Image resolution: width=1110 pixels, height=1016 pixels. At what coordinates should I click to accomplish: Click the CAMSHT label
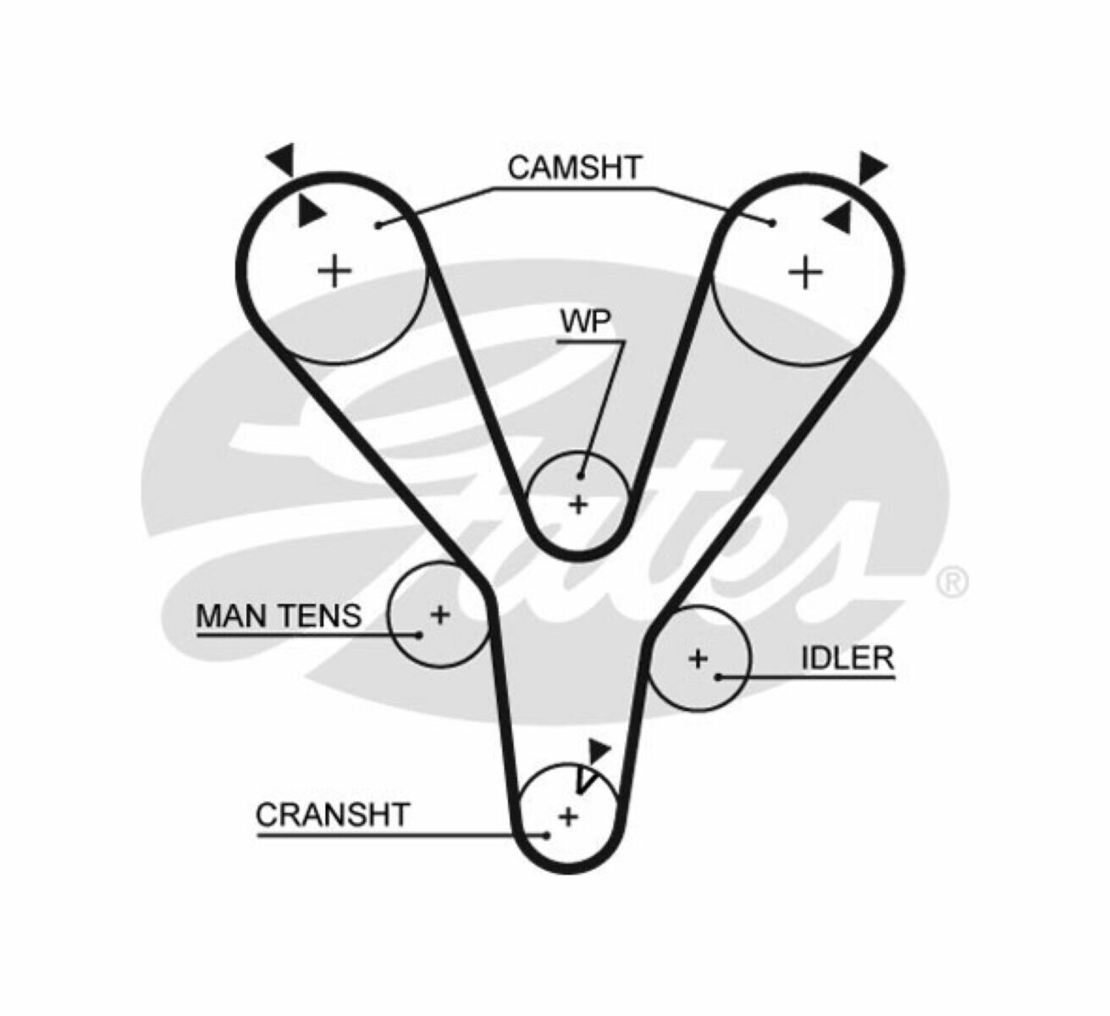click(575, 167)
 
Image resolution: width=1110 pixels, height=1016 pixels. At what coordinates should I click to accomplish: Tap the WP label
click(585, 323)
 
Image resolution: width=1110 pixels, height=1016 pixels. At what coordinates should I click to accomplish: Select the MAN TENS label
click(279, 616)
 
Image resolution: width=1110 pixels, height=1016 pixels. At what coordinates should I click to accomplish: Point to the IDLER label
click(847, 658)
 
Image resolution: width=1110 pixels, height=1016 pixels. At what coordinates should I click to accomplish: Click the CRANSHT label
click(332, 814)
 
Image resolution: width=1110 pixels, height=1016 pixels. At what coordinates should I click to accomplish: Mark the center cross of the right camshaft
click(805, 273)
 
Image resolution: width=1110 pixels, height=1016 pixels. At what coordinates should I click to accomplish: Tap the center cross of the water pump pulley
click(578, 505)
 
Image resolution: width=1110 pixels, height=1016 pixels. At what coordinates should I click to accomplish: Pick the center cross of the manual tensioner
click(439, 615)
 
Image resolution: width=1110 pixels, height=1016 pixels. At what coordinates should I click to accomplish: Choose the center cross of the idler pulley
click(698, 658)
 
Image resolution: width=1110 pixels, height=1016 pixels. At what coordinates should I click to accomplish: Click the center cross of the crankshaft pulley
click(568, 816)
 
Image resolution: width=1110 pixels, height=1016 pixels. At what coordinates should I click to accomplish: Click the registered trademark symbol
click(952, 582)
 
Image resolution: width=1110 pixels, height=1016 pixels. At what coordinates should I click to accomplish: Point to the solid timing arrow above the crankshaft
click(599, 751)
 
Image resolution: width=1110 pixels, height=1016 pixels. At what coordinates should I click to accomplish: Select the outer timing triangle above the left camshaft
click(281, 158)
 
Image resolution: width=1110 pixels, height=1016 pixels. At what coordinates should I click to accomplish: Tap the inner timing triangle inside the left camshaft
click(310, 212)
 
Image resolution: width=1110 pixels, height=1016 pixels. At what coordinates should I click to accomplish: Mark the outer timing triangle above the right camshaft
click(871, 167)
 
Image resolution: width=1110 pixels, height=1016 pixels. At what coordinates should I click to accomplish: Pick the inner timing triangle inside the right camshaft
click(837, 218)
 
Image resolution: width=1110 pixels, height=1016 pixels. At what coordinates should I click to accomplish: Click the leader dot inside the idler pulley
click(718, 676)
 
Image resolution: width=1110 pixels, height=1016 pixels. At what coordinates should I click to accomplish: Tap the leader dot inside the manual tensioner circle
click(419, 634)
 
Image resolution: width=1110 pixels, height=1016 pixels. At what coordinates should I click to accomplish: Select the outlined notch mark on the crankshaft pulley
click(584, 781)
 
